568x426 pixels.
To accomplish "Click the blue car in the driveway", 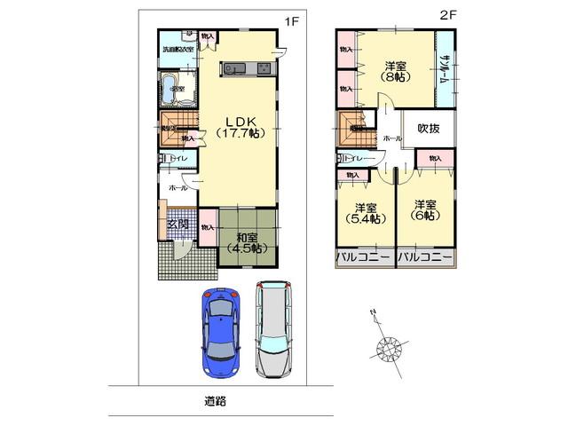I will click(219, 330).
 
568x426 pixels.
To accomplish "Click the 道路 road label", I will click(215, 400).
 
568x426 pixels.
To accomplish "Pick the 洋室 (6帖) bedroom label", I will click(424, 209).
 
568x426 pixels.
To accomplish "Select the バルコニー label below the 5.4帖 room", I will click(364, 257).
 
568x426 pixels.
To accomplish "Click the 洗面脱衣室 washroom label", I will click(177, 51).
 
